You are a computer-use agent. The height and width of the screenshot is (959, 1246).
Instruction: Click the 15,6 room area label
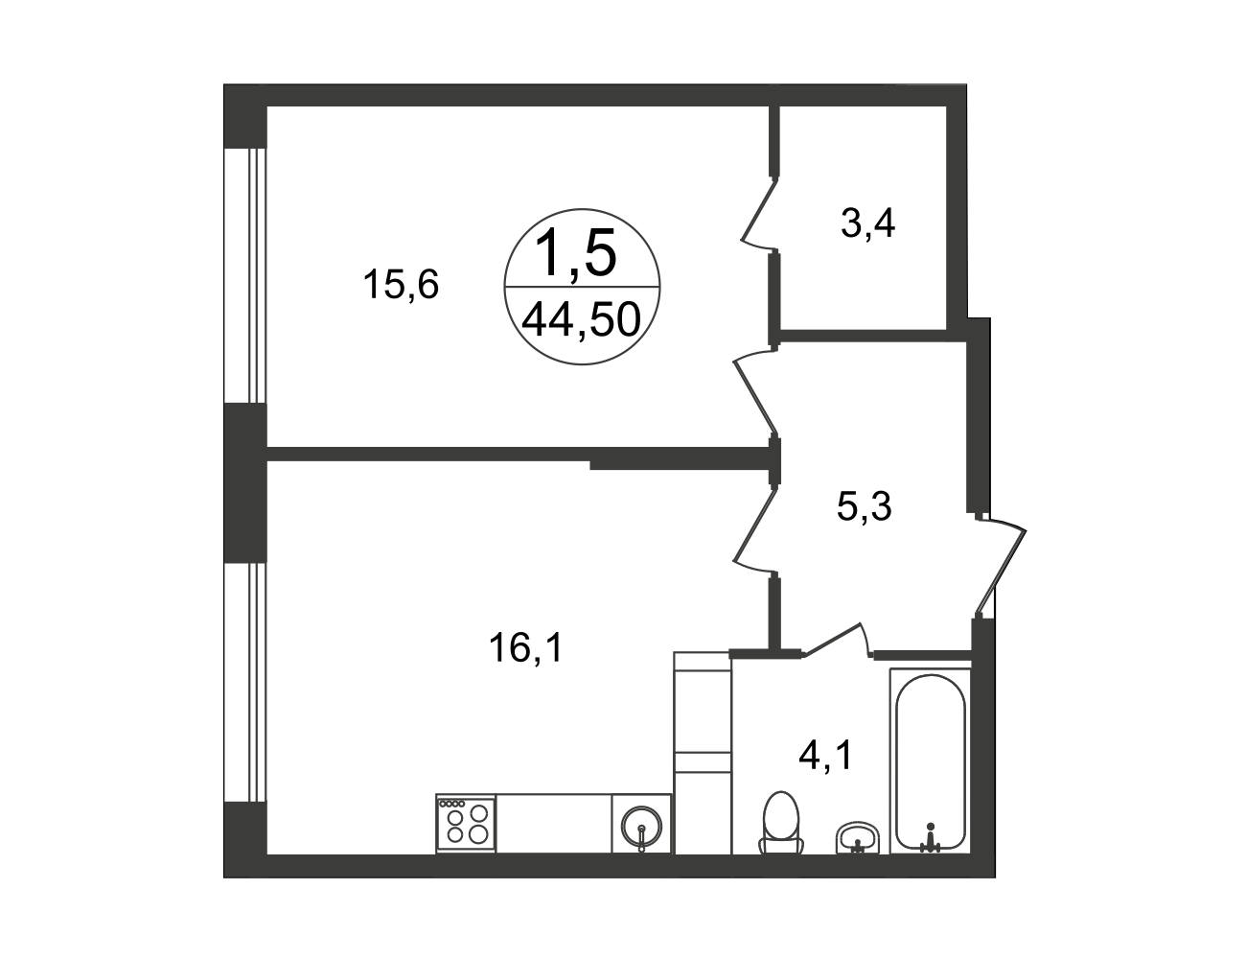(401, 285)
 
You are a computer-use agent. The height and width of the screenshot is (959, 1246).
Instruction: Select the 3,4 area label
(868, 223)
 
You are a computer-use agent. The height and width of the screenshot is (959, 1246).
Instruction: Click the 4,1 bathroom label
(826, 756)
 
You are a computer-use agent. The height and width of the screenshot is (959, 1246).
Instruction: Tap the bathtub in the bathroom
(930, 760)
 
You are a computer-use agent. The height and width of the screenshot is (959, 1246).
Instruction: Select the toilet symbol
(781, 823)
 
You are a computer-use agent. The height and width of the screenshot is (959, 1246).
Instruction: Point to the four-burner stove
(466, 823)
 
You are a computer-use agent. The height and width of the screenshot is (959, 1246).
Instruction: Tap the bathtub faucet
(930, 838)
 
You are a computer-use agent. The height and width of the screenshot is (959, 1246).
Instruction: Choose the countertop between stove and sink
(554, 823)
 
